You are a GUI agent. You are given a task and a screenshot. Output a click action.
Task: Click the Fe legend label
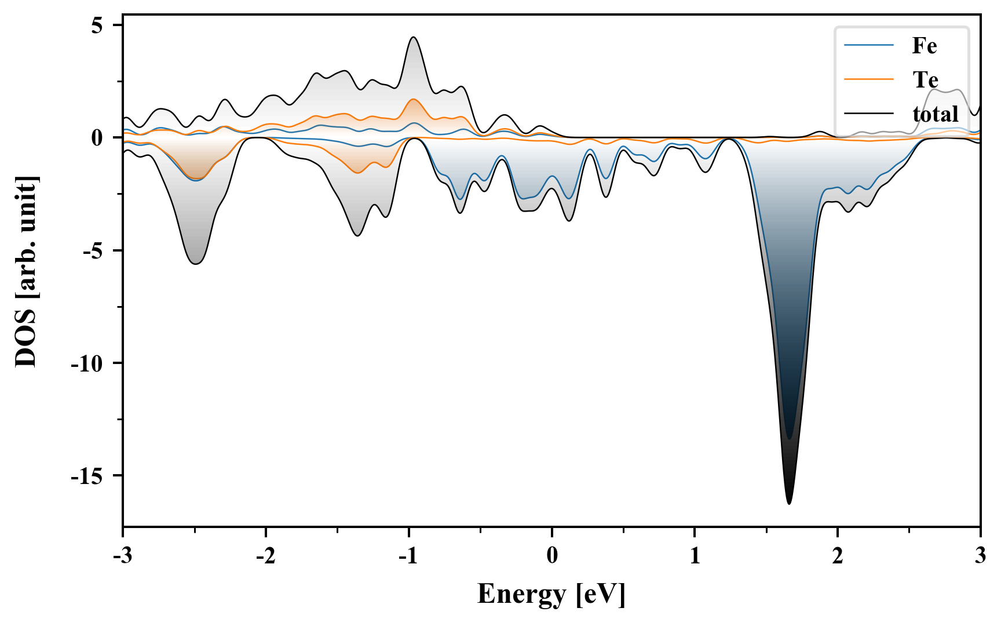point(924,46)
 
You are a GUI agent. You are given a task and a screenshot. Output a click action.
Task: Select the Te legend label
point(925,79)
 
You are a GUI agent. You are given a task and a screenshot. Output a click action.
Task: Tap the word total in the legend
point(936,114)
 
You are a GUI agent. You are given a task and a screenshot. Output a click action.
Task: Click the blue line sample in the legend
point(869,46)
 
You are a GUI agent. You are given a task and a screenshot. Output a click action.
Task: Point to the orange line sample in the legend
point(869,79)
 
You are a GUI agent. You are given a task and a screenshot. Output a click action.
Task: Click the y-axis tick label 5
point(96,26)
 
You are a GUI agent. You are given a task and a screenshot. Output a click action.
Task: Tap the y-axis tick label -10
point(87,363)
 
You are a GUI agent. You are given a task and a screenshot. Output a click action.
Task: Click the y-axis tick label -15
point(87,476)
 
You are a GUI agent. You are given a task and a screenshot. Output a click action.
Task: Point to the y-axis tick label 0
point(96,139)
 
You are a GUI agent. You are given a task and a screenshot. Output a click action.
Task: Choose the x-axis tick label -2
point(265,555)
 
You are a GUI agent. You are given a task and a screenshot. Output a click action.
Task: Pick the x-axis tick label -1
point(408,555)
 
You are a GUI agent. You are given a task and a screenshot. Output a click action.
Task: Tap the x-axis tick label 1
point(695,555)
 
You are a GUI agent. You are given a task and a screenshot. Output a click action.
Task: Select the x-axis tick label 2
point(838,555)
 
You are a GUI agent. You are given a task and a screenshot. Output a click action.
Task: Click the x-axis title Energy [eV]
point(551,594)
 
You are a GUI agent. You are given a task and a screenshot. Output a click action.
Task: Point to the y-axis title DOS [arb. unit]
point(26,271)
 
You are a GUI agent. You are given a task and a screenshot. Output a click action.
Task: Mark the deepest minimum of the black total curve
point(789,503)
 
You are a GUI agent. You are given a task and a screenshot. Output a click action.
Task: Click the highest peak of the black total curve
point(413,38)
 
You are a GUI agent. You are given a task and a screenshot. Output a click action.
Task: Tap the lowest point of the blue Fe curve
point(789,438)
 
